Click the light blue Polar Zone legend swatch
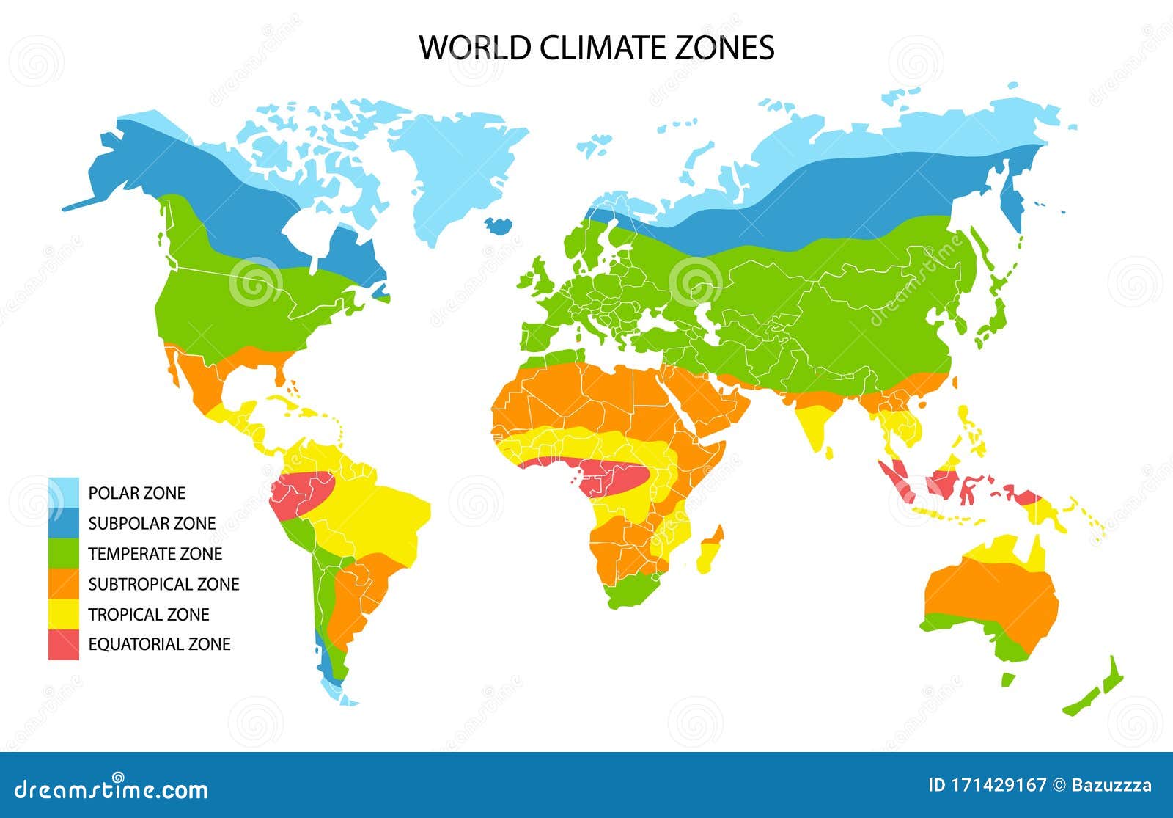point(64,493)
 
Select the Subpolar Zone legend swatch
point(64,523)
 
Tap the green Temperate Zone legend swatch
point(64,553)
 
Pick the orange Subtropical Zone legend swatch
point(64,584)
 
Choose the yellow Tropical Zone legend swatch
point(64,614)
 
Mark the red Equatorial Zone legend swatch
point(64,644)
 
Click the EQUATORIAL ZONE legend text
point(159,644)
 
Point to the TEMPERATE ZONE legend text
point(155,554)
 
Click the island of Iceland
point(499,224)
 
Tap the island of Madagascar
point(710,550)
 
